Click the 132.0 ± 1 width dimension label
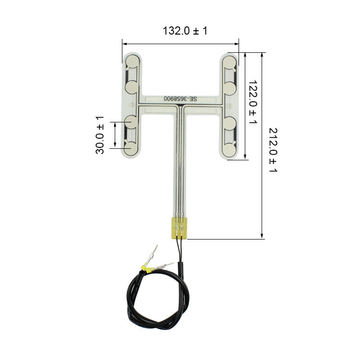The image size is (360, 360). pyautogui.click(x=185, y=31)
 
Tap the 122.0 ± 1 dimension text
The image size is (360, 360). pyautogui.click(x=253, y=102)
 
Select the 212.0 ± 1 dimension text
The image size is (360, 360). pyautogui.click(x=273, y=150)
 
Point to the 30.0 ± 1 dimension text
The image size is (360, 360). pyautogui.click(x=100, y=135)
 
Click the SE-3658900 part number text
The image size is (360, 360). pyautogui.click(x=180, y=99)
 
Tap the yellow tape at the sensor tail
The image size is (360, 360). pyautogui.click(x=180, y=228)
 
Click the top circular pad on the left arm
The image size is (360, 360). pyautogui.click(x=132, y=61)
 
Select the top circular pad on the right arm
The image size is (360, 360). pyautogui.click(x=229, y=62)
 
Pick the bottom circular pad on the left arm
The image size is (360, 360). pyautogui.click(x=131, y=148)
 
